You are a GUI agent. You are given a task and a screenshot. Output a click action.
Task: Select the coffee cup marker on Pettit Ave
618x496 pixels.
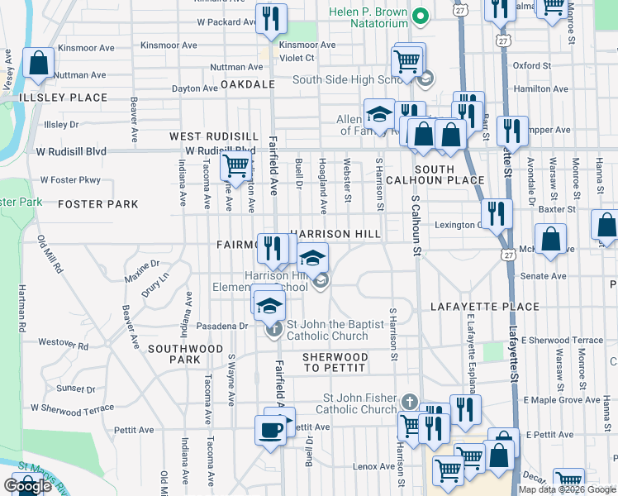[x=271, y=429]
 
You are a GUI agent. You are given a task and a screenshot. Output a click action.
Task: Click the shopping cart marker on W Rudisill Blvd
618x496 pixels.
[x=236, y=165]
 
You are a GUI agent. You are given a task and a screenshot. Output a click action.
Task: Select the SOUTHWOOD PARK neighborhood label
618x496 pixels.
[x=186, y=354]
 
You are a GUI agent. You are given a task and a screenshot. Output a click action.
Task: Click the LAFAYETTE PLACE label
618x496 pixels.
[x=485, y=307]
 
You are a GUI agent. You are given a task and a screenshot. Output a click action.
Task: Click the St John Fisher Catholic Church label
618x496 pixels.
[x=347, y=403]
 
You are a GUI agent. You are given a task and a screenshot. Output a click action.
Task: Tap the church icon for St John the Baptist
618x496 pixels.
[x=274, y=330]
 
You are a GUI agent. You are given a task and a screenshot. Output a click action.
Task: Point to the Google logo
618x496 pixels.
[x=27, y=486]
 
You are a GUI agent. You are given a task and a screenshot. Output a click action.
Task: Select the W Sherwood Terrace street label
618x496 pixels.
[x=72, y=408]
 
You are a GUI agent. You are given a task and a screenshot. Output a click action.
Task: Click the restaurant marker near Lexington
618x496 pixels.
[x=496, y=212]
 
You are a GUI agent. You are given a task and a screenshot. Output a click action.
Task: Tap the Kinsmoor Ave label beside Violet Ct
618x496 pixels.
[x=307, y=45]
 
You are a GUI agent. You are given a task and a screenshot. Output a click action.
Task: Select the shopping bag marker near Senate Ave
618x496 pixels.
[x=550, y=240]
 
